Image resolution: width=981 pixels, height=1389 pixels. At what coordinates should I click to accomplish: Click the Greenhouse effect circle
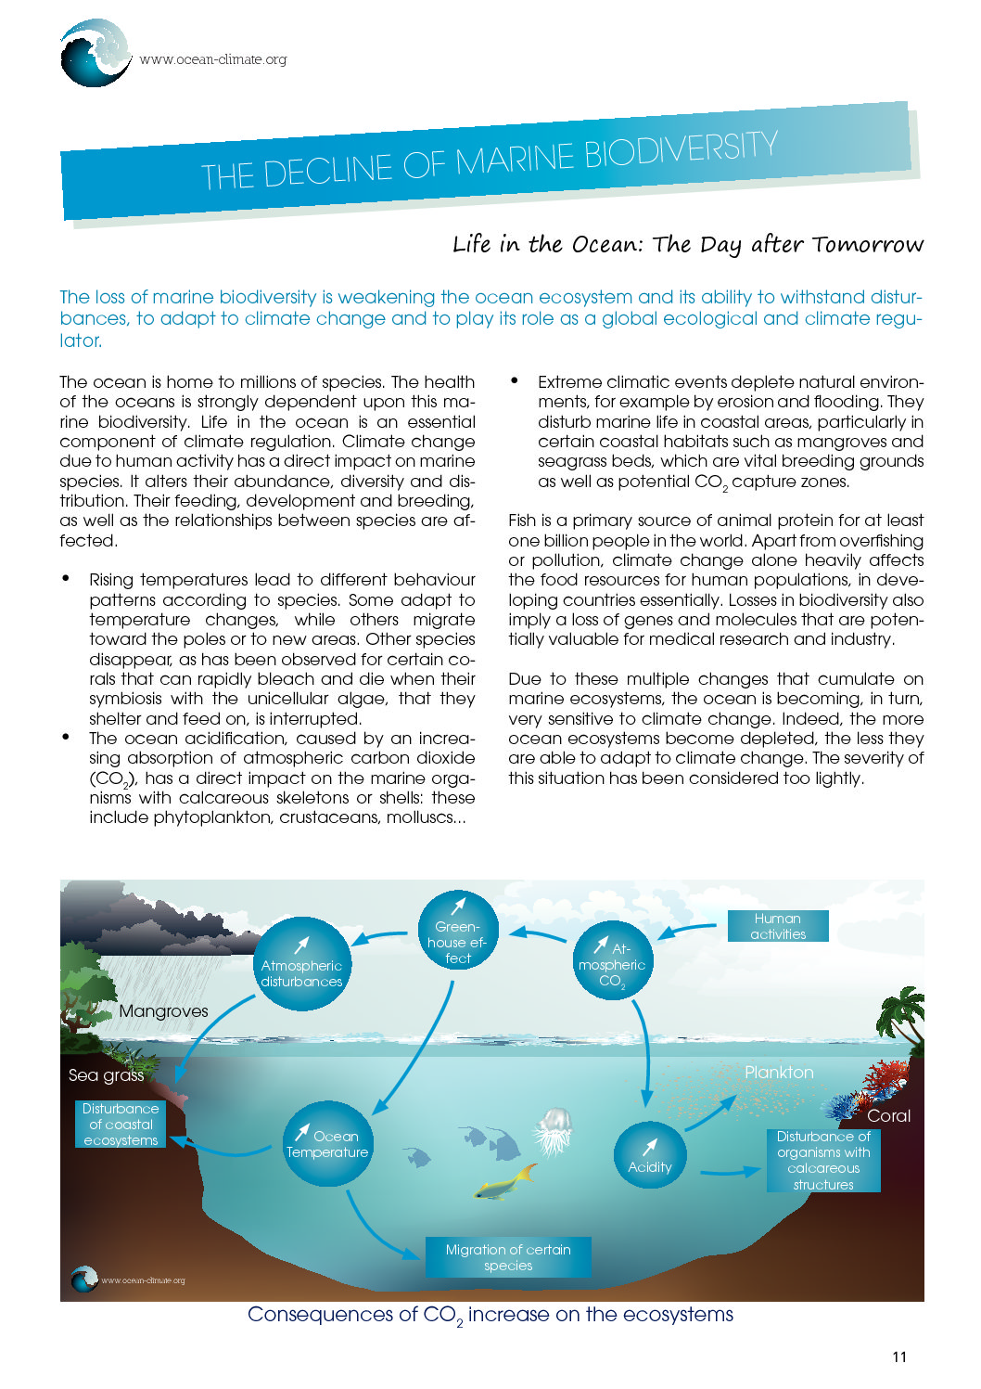tap(458, 931)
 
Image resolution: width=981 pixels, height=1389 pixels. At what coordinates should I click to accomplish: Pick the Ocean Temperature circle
tap(326, 1143)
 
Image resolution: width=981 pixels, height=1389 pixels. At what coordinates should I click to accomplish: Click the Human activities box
tap(778, 926)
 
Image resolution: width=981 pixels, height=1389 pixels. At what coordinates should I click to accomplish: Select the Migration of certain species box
tap(508, 1257)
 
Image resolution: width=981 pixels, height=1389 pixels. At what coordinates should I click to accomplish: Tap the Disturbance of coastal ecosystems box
tap(121, 1125)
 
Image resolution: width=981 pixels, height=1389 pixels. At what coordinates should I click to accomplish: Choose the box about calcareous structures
tap(823, 1160)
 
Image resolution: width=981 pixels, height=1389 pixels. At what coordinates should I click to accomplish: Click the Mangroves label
tap(163, 1011)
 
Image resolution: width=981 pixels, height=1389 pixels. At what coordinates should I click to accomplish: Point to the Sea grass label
tap(106, 1075)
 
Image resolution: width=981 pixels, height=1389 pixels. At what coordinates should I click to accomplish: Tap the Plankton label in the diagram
tap(779, 1073)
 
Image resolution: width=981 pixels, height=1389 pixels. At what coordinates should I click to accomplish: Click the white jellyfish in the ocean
tap(554, 1131)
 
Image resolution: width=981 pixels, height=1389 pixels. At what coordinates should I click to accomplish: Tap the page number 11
tap(899, 1357)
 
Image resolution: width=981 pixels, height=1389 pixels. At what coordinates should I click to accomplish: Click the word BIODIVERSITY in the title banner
tap(681, 153)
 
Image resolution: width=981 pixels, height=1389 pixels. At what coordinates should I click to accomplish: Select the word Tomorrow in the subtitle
tap(867, 244)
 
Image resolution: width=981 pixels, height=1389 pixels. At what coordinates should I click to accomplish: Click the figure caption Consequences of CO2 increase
tap(490, 1315)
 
